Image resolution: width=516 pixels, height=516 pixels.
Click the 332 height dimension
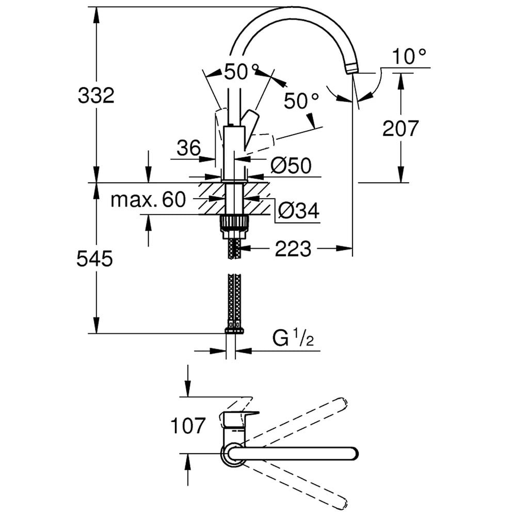[96, 96]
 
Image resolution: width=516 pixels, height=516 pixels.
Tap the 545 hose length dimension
[95, 259]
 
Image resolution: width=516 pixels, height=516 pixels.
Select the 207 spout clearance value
[400, 128]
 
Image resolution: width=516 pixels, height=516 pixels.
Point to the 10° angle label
[409, 56]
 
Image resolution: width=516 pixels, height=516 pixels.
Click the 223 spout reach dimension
[293, 249]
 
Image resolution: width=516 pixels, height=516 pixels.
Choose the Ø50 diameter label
[291, 166]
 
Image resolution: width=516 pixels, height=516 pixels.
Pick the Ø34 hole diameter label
[298, 211]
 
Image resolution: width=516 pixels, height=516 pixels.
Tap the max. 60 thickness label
[149, 199]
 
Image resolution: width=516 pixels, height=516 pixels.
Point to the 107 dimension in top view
[188, 426]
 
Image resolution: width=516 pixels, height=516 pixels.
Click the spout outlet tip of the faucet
[353, 69]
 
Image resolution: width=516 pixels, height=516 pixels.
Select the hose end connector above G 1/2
[234, 330]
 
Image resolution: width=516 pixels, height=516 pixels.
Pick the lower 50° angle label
[301, 101]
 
